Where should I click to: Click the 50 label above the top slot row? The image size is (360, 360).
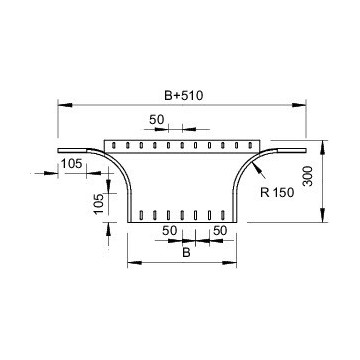pos(157,119)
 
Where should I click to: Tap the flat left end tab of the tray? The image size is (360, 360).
pos(75,150)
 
